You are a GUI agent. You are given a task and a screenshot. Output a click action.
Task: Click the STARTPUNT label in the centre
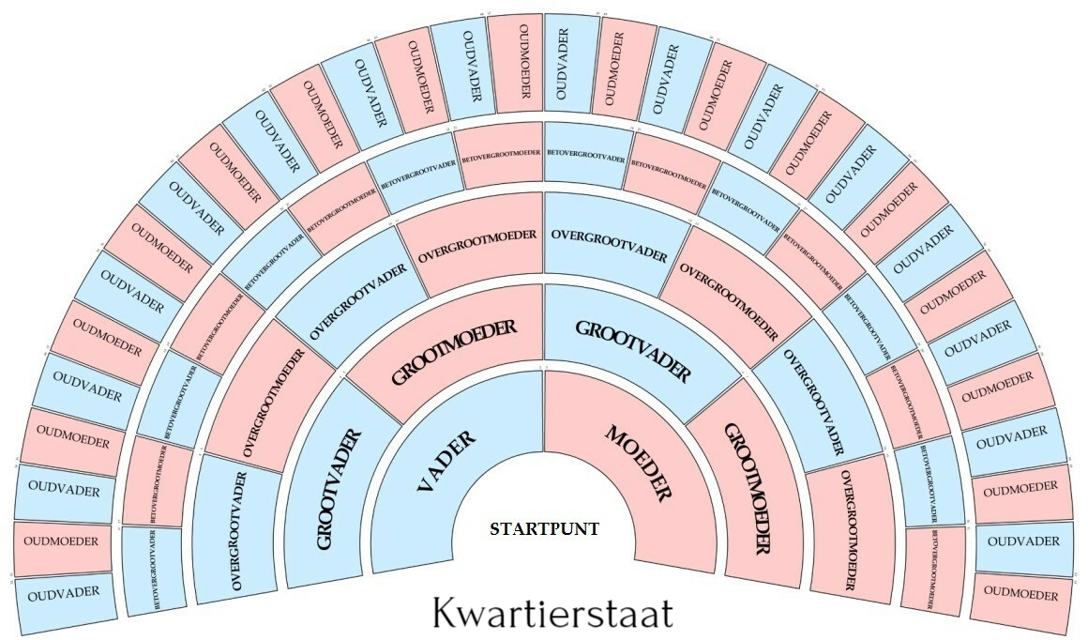(x=544, y=529)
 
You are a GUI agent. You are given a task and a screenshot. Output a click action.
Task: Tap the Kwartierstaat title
(x=553, y=613)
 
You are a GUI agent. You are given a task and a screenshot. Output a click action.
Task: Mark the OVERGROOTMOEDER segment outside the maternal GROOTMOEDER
(x=849, y=530)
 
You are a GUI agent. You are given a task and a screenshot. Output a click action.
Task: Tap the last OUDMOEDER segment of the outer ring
(x=1021, y=595)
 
